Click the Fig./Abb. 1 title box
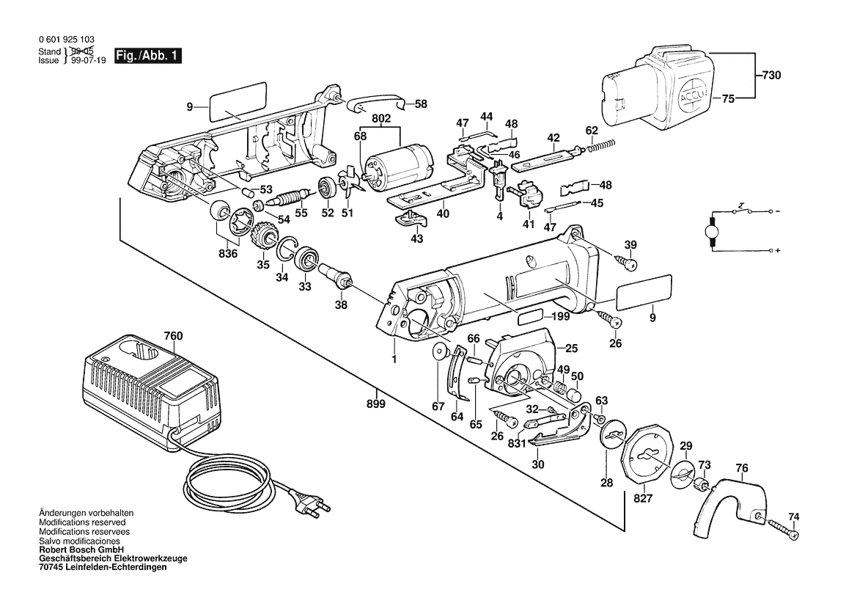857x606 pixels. pyautogui.click(x=147, y=56)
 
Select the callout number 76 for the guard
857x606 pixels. pyautogui.click(x=742, y=468)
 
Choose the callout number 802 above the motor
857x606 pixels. pyautogui.click(x=381, y=119)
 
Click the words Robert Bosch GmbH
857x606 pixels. pyautogui.click(x=81, y=550)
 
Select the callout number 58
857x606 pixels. pyautogui.click(x=421, y=103)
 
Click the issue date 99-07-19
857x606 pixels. pyautogui.click(x=87, y=61)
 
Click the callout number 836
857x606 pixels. pyautogui.click(x=227, y=254)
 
